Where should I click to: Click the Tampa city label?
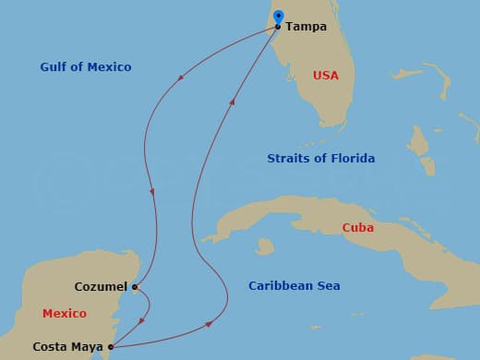pyautogui.click(x=306, y=27)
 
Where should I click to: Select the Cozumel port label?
pyautogui.click(x=102, y=287)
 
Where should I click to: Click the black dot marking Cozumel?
pyautogui.click(x=135, y=287)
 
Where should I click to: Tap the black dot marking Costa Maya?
pyautogui.click(x=111, y=347)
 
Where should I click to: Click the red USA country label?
pyautogui.click(x=326, y=75)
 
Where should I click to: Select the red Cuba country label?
pyautogui.click(x=357, y=227)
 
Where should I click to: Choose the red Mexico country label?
pyautogui.click(x=65, y=314)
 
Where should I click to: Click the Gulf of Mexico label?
pyautogui.click(x=86, y=67)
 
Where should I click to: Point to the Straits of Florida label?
pyautogui.click(x=320, y=159)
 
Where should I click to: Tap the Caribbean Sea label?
pyautogui.click(x=294, y=286)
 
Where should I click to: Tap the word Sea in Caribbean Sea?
pyautogui.click(x=328, y=286)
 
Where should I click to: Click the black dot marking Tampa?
pyautogui.click(x=278, y=27)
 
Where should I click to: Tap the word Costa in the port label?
pyautogui.click(x=49, y=347)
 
